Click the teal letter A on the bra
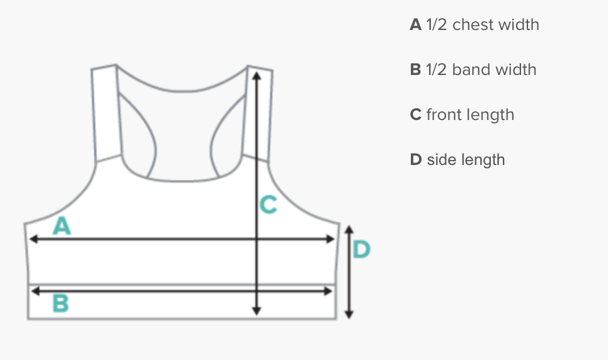click(61, 226)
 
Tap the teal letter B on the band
click(60, 304)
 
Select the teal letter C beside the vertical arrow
click(268, 204)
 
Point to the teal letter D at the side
click(362, 250)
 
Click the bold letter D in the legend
click(416, 160)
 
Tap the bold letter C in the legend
click(416, 115)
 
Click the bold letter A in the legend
click(416, 25)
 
